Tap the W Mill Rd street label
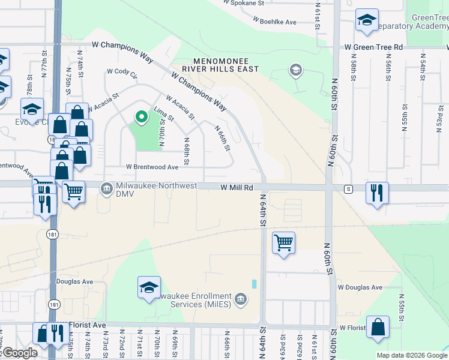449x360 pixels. tap(237, 188)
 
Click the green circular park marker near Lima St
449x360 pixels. tap(142, 117)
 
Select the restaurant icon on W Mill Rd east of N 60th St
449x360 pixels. tap(377, 193)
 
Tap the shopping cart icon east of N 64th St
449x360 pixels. tap(283, 242)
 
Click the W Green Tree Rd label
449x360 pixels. tap(373, 47)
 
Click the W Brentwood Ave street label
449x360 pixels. tap(152, 167)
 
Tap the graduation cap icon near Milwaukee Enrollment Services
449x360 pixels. tap(149, 287)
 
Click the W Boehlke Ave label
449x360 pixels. tap(275, 22)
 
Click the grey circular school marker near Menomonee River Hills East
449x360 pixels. tap(295, 71)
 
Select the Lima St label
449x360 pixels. tap(163, 114)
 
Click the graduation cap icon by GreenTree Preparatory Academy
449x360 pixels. tap(366, 20)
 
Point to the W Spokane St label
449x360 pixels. tap(243, 3)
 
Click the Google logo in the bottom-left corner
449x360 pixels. tap(20, 353)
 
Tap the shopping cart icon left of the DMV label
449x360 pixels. tap(73, 192)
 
